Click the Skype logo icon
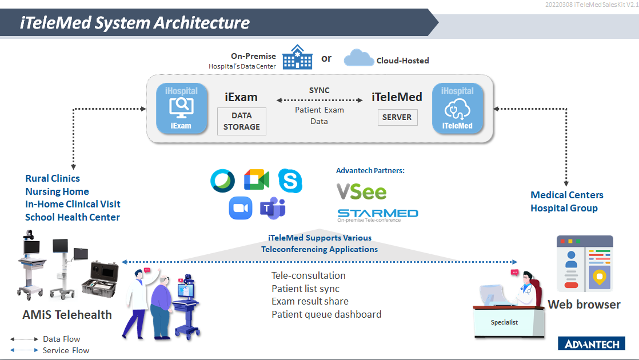pos(290,181)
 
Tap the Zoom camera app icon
pos(241,208)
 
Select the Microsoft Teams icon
pos(273,208)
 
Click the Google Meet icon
pos(257,179)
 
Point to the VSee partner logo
pos(361,192)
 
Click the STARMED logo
pos(378,215)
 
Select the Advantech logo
pos(592,343)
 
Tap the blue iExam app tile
pos(181,109)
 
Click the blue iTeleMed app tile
pos(458,109)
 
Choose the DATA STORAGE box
pos(242,121)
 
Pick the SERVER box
pos(397,117)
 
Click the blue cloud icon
pos(358,58)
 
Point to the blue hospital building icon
pos(297,57)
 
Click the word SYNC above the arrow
pos(319,90)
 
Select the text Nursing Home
pos(57,191)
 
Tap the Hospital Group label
pos(564,208)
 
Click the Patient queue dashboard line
pos(326,314)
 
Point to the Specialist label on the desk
pos(504,322)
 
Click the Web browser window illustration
pos(585,263)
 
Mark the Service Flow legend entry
pos(50,350)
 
